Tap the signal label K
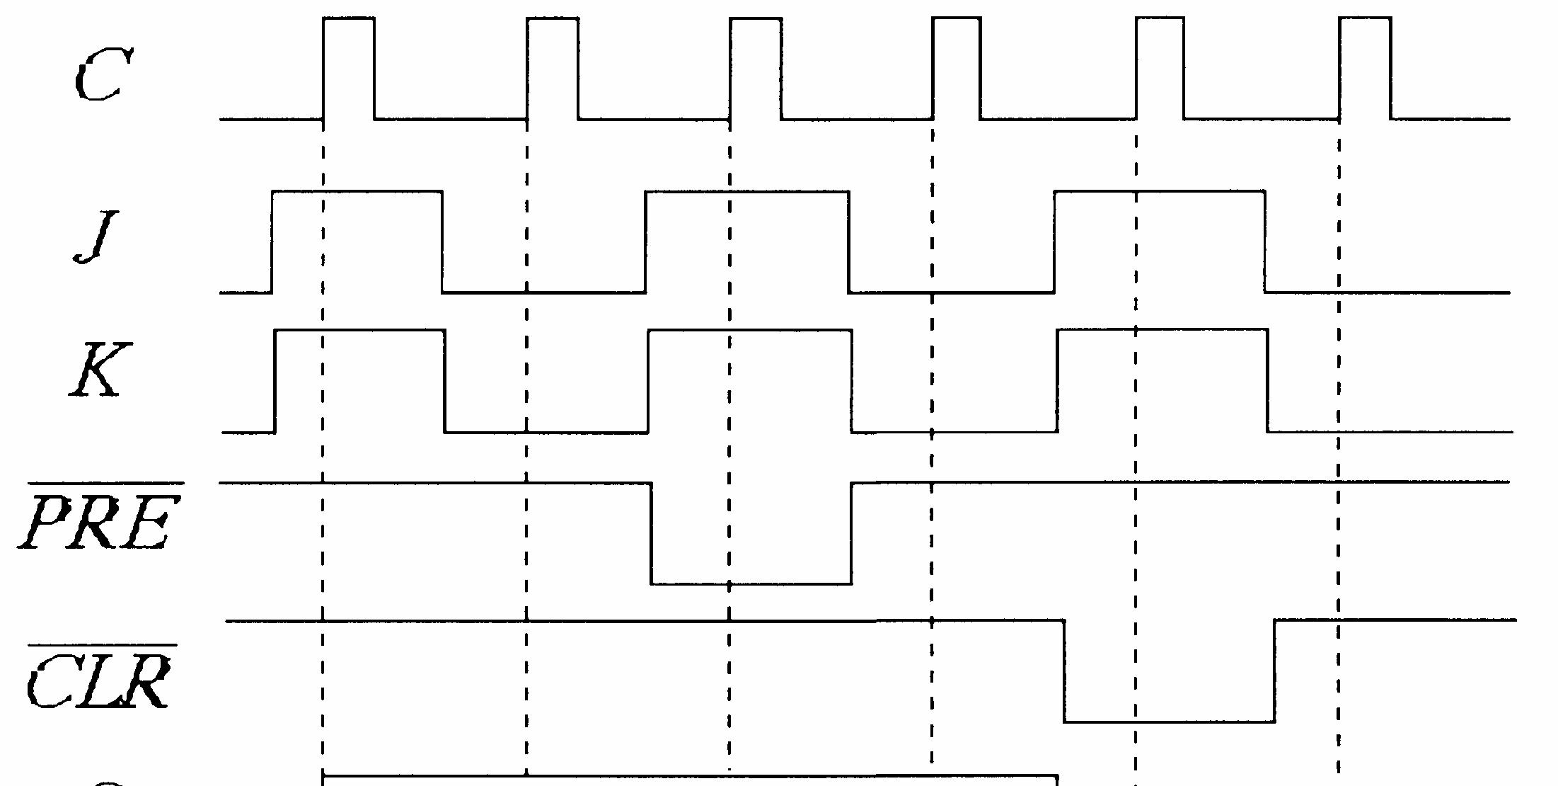(100, 370)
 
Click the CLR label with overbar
(99, 680)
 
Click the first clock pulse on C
(349, 69)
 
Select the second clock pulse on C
(553, 69)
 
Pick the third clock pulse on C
(756, 69)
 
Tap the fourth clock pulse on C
(957, 69)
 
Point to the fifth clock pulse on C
(1160, 69)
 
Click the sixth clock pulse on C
(1364, 69)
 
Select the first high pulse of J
(357, 241)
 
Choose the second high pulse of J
(747, 241)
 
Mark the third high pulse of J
(1160, 241)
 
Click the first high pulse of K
(360, 380)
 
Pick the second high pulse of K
(750, 380)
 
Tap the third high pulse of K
(1162, 380)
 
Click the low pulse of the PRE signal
(751, 534)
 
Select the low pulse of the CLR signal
(1170, 671)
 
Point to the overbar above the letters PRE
(105, 484)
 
